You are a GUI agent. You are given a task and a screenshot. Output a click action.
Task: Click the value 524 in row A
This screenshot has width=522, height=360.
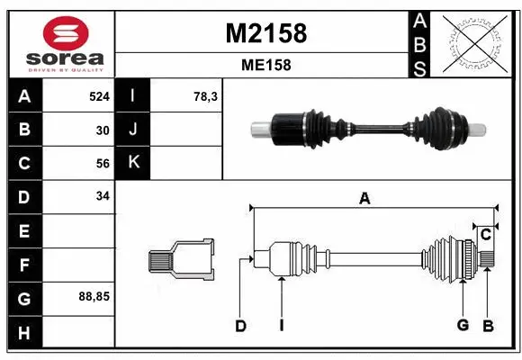point(98,95)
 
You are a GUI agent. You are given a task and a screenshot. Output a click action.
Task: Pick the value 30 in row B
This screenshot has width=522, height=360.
point(102,130)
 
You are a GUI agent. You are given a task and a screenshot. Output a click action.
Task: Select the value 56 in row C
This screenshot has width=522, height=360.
point(102,163)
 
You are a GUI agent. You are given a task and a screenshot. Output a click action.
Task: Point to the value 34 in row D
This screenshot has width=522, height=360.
point(102,196)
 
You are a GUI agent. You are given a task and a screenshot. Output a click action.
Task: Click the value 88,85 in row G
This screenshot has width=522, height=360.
point(94,295)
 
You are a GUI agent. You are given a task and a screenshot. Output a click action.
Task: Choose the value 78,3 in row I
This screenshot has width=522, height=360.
point(206,95)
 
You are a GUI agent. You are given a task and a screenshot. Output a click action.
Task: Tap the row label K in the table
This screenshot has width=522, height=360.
point(133,163)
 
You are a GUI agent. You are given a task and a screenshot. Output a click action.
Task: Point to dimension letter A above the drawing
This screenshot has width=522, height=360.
point(364,199)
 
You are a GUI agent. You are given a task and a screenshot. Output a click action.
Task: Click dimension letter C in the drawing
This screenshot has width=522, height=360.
point(485,236)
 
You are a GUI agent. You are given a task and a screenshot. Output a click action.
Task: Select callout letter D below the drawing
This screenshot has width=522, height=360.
point(240,326)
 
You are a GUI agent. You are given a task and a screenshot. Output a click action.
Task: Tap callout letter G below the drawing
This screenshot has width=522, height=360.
point(463,326)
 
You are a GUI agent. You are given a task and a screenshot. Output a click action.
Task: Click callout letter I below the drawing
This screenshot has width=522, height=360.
point(281,326)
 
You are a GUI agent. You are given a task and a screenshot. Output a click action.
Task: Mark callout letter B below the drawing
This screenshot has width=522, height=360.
point(489,326)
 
